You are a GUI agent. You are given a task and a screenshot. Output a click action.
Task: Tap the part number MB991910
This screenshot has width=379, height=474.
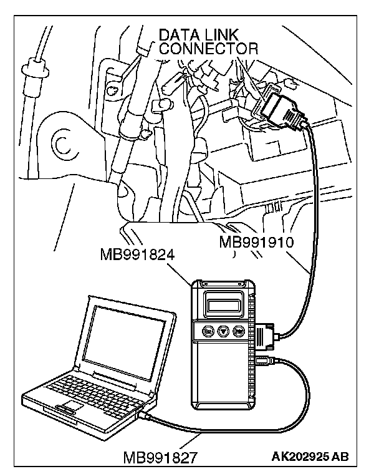tap(256, 241)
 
